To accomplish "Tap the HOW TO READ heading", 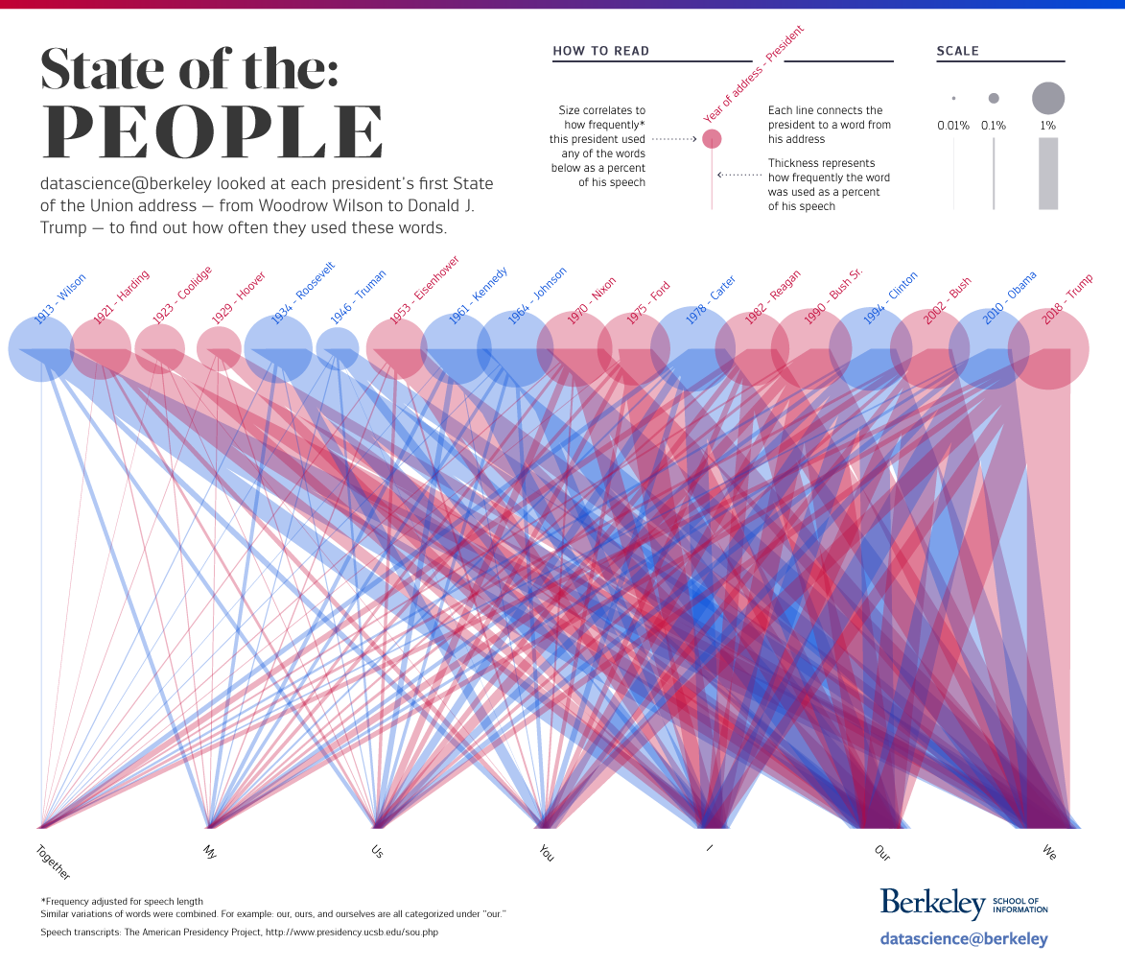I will click(601, 51).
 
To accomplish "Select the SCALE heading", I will click(957, 51).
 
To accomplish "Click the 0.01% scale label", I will click(953, 126).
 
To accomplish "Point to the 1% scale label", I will click(1047, 126).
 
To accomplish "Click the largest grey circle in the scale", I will click(1048, 98).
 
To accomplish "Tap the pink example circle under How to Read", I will click(712, 139).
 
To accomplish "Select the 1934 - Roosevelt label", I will click(302, 294).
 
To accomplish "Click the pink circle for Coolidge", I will click(159, 348).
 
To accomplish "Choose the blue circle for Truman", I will click(338, 349).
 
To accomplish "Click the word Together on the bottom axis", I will click(54, 862).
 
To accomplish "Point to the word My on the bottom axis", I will click(211, 850).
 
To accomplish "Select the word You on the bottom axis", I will click(547, 852).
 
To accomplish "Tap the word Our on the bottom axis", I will click(882, 852).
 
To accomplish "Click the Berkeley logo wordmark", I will click(932, 904).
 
